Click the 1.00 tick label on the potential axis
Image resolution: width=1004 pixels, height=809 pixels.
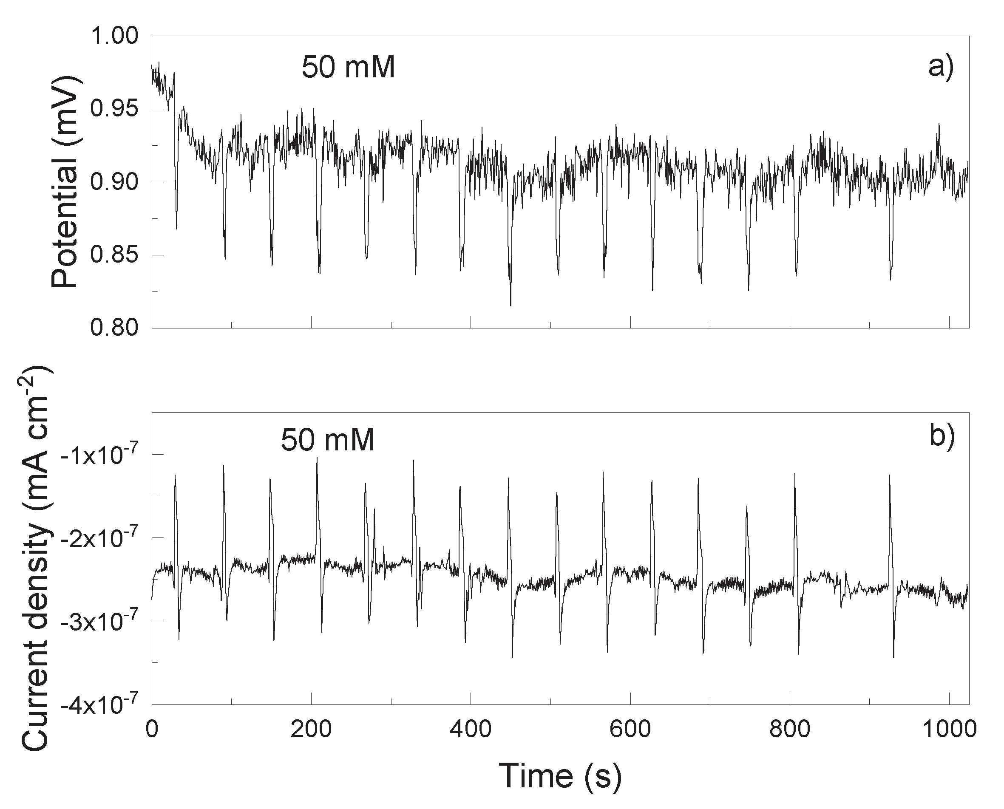[114, 37]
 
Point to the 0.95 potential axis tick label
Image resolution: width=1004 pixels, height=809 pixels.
[114, 109]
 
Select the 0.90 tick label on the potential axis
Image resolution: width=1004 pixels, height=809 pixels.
[114, 182]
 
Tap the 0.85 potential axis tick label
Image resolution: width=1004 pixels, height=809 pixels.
[114, 255]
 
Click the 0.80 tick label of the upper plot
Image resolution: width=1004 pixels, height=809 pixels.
[114, 328]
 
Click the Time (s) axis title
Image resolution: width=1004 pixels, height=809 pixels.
[560, 776]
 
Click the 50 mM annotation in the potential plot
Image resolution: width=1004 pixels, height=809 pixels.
[348, 68]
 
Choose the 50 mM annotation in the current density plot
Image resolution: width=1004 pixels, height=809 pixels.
[328, 440]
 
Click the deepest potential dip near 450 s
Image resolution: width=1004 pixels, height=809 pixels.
[511, 305]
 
